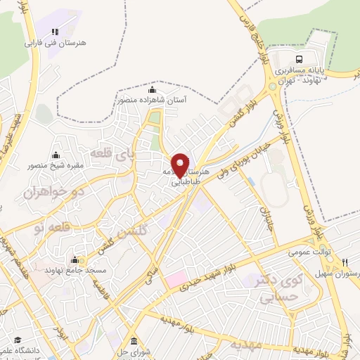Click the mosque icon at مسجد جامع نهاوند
pyautogui.click(x=83, y=259)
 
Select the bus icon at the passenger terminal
pyautogui.click(x=300, y=59)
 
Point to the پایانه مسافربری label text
pyautogui.click(x=300, y=71)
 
